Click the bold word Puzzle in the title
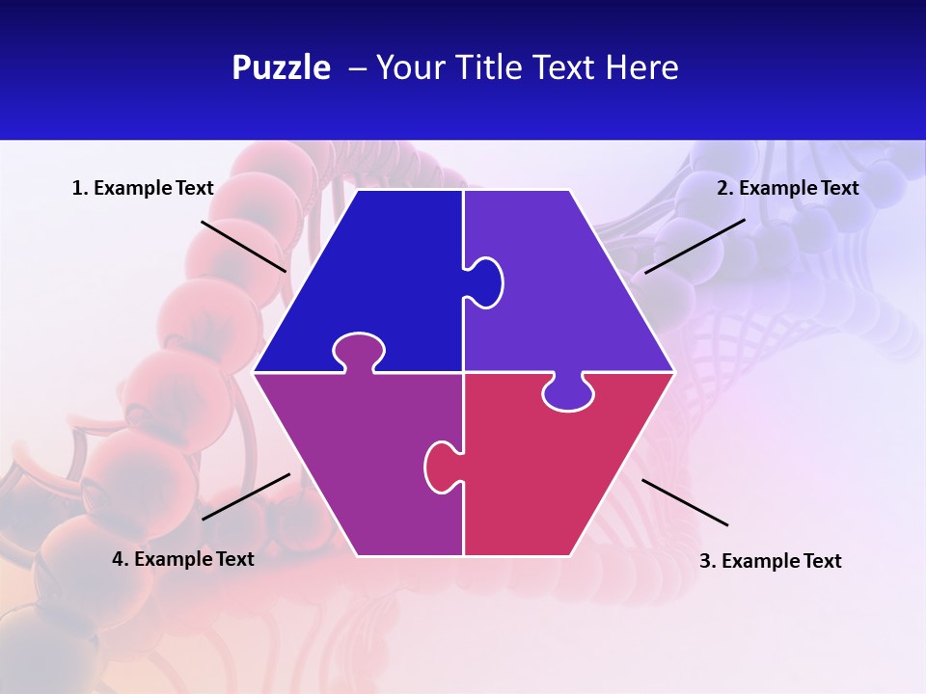(281, 67)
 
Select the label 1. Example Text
(143, 188)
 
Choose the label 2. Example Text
(787, 188)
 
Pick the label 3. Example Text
(770, 561)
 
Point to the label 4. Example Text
(183, 559)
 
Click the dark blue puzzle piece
(376, 280)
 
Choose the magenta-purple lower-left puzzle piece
(357, 463)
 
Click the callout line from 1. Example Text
(243, 246)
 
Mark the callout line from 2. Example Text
(694, 246)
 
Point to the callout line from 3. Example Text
(685, 502)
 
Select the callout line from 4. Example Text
(246, 496)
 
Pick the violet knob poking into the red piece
(568, 392)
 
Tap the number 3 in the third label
(705, 561)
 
